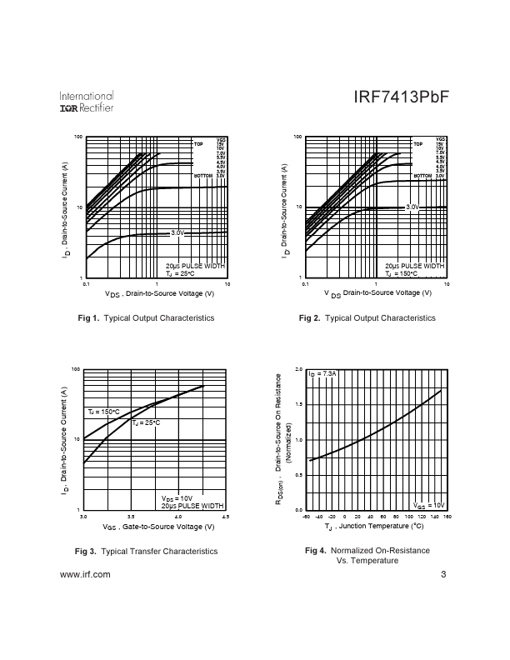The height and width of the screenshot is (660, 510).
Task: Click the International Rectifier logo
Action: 87,102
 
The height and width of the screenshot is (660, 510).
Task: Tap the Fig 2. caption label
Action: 309,318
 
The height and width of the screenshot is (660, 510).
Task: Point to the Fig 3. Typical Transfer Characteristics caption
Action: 147,551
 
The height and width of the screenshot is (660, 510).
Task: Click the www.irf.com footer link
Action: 86,575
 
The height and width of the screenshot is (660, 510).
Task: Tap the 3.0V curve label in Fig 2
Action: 412,206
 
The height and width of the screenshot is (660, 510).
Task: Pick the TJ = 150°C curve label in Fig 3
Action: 104,412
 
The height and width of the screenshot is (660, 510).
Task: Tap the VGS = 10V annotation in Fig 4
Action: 429,505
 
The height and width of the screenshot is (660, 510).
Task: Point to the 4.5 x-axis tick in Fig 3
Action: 225,517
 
